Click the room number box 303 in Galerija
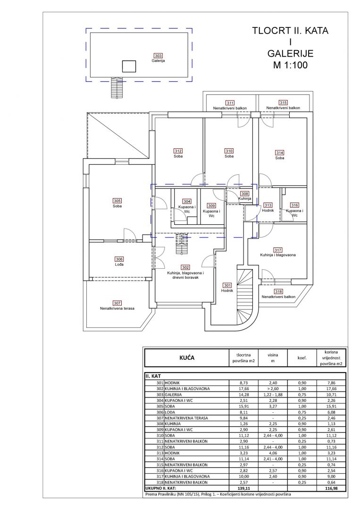158,56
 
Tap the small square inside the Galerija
129,66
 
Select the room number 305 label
117,200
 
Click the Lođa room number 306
119,259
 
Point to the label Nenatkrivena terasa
117,308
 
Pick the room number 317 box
277,250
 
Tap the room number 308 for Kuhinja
244,194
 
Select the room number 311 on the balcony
230,103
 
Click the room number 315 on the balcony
283,102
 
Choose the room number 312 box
178,151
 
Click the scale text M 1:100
290,65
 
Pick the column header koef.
302,358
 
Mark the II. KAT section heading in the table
154,376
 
